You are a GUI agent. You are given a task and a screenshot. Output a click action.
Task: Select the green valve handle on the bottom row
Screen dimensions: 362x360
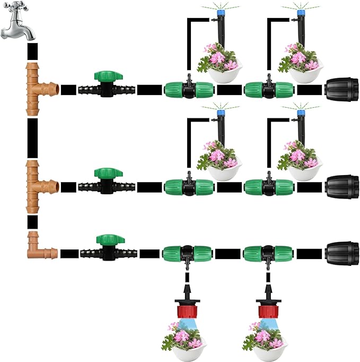pyautogui.click(x=103, y=240)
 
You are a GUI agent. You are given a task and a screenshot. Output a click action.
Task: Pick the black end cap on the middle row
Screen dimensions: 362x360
pyautogui.click(x=342, y=186)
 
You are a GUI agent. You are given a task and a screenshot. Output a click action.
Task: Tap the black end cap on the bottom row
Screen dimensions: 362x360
pyautogui.click(x=342, y=252)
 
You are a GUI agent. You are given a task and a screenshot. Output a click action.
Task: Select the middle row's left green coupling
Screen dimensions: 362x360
pyautogui.click(x=187, y=186)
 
